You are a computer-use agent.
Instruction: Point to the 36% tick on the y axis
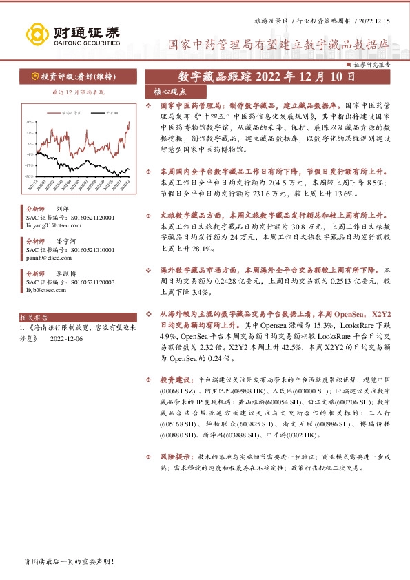click(30, 123)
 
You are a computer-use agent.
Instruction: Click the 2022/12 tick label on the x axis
click(126, 185)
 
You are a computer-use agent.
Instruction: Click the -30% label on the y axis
click(29, 176)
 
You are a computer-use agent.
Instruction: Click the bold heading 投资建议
click(176, 380)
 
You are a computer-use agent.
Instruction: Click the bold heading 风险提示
click(176, 456)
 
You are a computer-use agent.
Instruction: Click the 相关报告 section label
click(34, 318)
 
